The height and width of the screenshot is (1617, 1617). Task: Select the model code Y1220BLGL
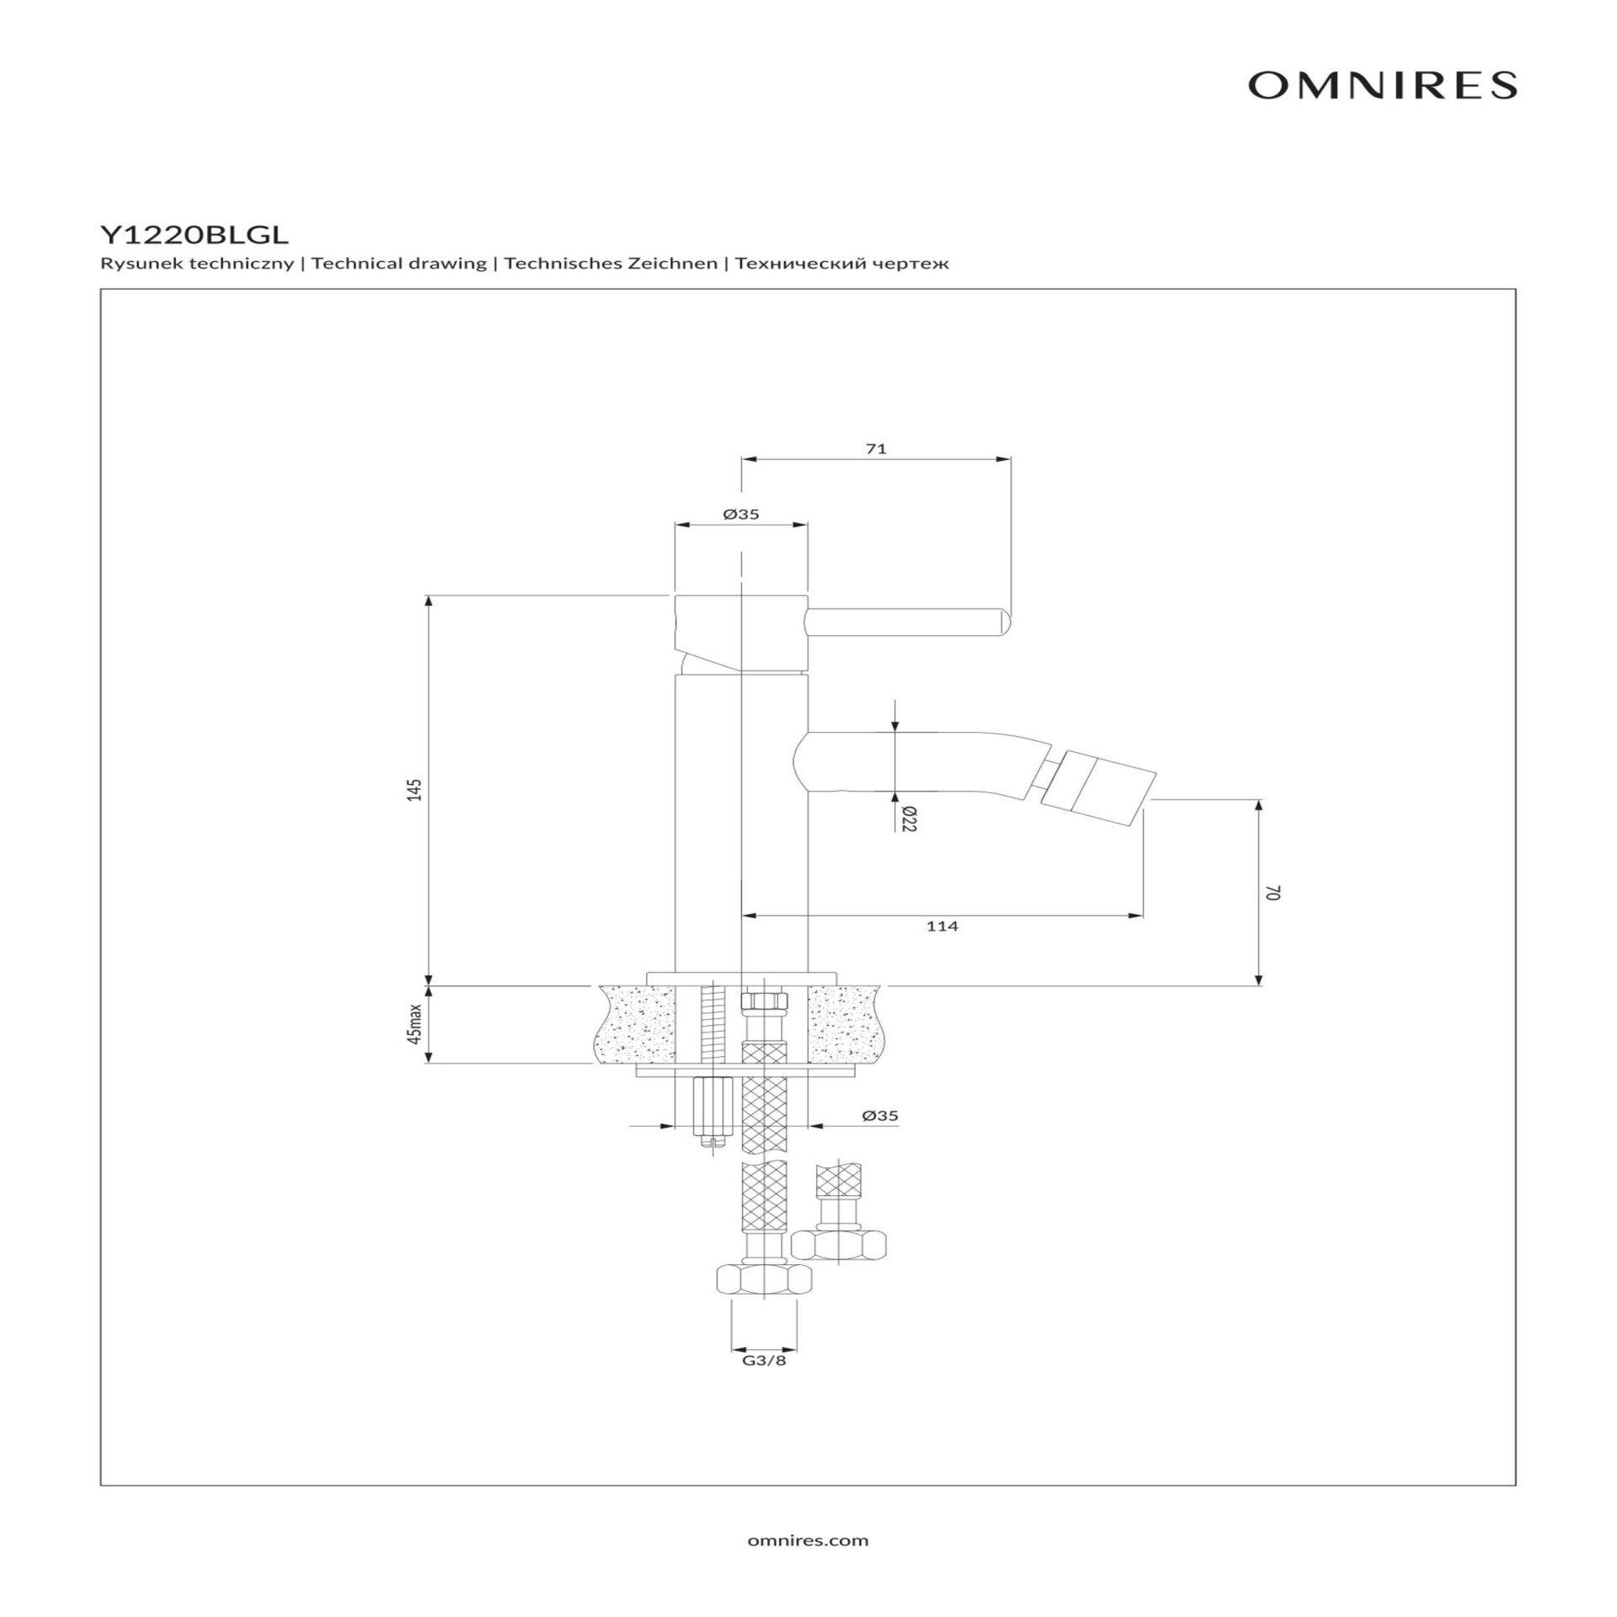coord(194,233)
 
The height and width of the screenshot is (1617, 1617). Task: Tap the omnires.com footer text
coord(808,1540)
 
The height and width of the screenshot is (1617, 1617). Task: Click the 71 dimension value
coord(876,449)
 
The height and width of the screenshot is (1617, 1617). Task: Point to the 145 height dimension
coord(414,790)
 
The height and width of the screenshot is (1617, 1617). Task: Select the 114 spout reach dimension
coord(942,926)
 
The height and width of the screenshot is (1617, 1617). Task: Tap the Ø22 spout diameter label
coord(907,819)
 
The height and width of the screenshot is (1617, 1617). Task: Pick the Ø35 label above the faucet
coord(741,515)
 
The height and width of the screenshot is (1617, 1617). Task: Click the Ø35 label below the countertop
coord(880,1116)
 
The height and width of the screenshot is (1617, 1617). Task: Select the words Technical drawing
coord(399,264)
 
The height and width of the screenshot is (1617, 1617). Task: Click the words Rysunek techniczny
coord(197,264)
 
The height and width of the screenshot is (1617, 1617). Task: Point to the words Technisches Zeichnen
coord(611,264)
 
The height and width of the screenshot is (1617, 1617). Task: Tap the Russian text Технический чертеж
coord(841,264)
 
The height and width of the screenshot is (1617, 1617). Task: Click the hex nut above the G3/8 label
coord(765,1303)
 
